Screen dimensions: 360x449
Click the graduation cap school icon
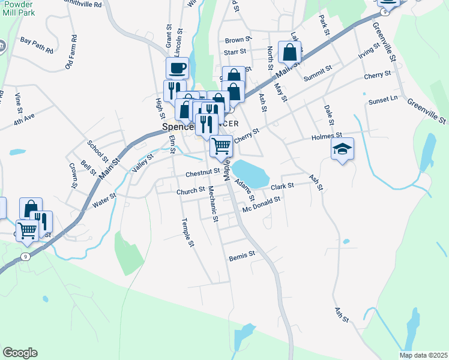(x=342, y=148)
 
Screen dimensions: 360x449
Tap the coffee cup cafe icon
(x=177, y=68)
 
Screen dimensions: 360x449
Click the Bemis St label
(x=243, y=255)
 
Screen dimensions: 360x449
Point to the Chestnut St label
(x=203, y=172)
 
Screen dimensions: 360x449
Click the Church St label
(x=191, y=192)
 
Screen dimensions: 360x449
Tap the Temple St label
(x=188, y=232)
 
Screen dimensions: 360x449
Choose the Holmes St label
(x=327, y=137)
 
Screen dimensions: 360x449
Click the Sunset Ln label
(x=383, y=99)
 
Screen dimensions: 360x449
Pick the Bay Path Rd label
(x=37, y=41)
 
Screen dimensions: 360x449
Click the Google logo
(x=20, y=353)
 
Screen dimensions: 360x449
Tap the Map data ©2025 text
(x=423, y=355)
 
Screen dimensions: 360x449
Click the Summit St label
(x=318, y=73)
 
